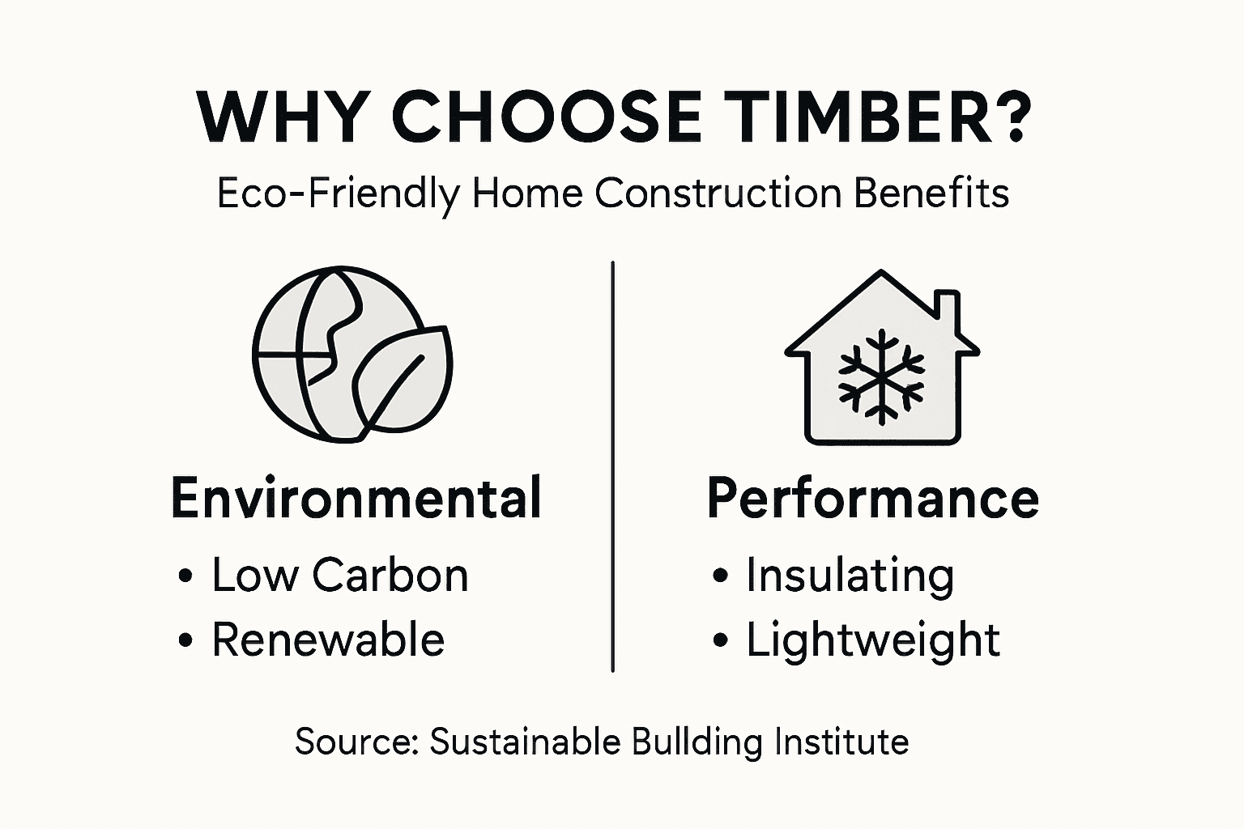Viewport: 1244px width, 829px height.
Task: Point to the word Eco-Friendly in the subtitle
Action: [x=338, y=194]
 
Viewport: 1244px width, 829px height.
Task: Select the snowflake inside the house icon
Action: [x=880, y=376]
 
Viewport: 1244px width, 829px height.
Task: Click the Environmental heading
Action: [x=356, y=498]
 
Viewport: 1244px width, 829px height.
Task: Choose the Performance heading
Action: [x=873, y=498]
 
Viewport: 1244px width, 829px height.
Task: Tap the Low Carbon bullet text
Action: [x=340, y=576]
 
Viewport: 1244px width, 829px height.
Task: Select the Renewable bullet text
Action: [x=328, y=640]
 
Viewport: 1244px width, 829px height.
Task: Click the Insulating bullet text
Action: [x=850, y=576]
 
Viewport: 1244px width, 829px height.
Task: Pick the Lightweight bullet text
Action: [x=872, y=640]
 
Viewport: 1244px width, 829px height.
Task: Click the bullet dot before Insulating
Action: [x=720, y=576]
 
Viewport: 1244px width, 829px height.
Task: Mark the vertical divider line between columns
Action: [x=613, y=466]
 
